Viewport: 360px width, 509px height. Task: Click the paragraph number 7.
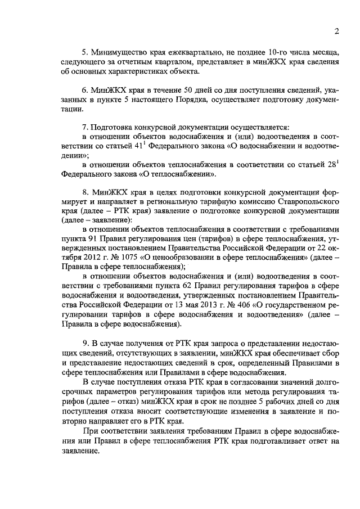[x=84, y=127]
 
